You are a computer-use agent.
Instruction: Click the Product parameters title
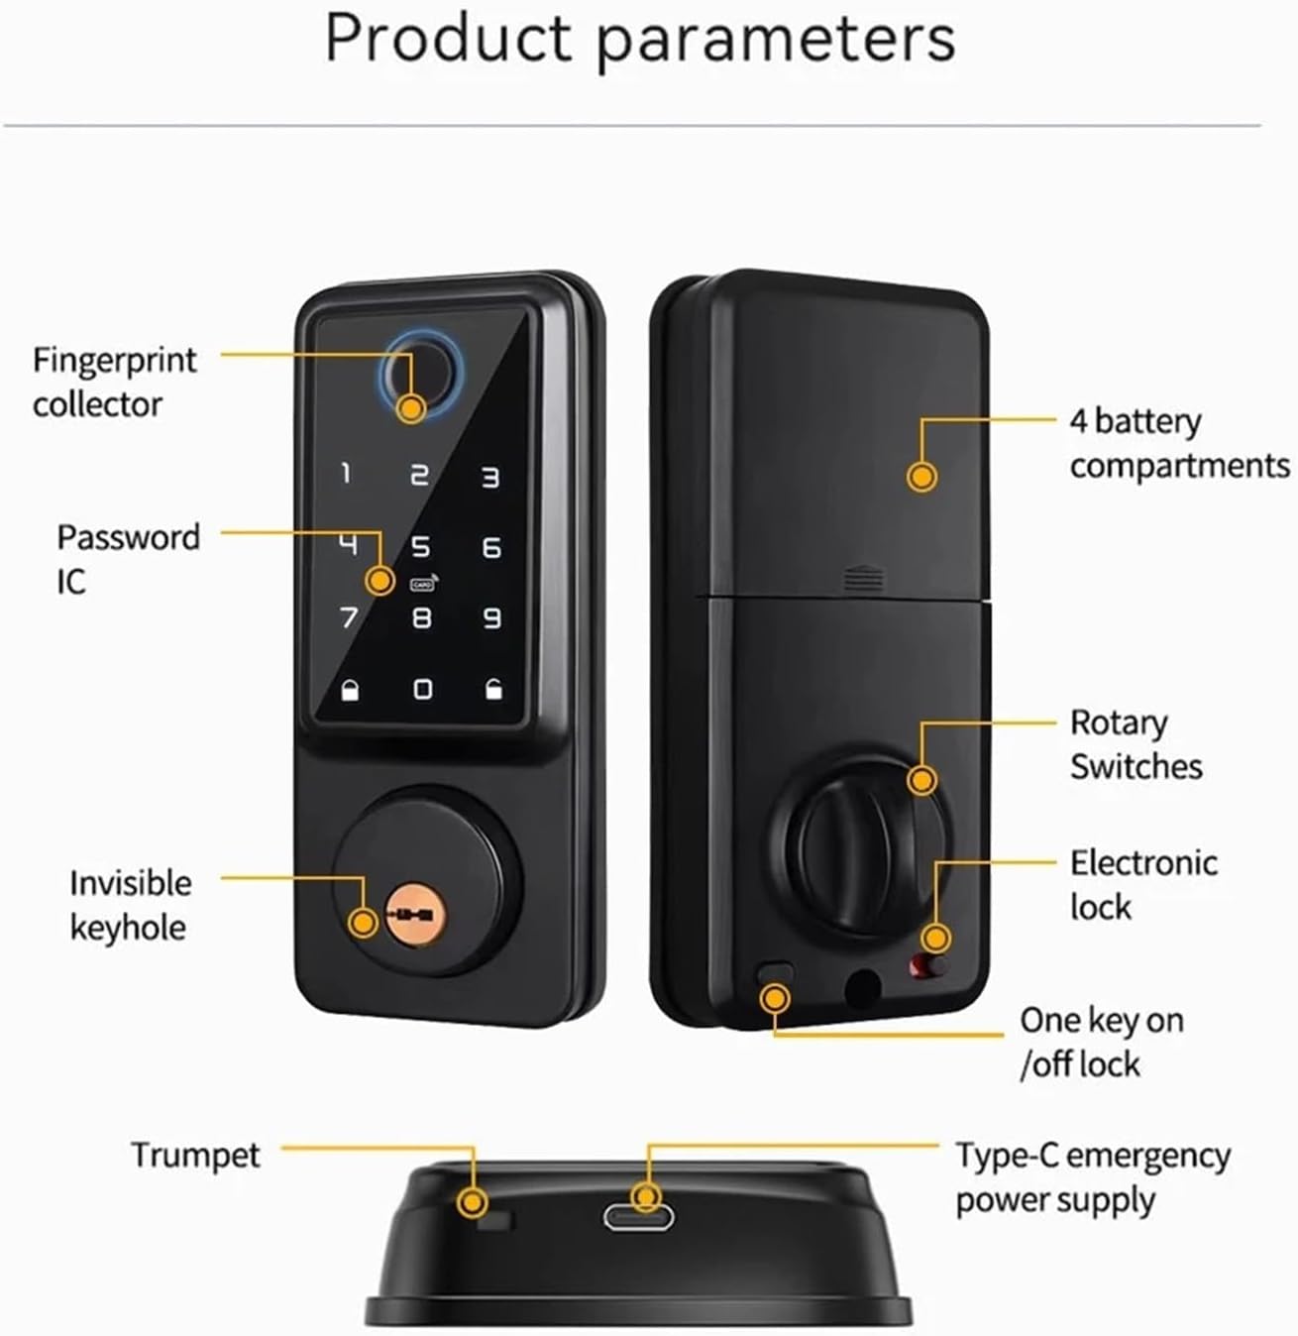tap(640, 40)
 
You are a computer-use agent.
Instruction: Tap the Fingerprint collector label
tap(114, 382)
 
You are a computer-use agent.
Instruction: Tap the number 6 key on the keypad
tap(491, 548)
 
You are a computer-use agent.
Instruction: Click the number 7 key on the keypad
tap(348, 618)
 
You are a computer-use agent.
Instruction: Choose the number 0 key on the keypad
tap(422, 689)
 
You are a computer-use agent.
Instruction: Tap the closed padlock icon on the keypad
tap(350, 690)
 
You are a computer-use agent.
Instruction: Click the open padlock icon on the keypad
tap(493, 689)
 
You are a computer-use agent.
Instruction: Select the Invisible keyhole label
tap(130, 905)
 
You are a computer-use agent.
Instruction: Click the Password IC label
tap(127, 559)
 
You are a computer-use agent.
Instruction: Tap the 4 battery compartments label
tap(1178, 443)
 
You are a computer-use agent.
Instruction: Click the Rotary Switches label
tap(1135, 744)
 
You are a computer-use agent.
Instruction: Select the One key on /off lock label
tap(1101, 1042)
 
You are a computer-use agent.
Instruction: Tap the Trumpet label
tap(195, 1156)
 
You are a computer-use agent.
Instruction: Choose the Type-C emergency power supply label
tap(1092, 1177)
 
